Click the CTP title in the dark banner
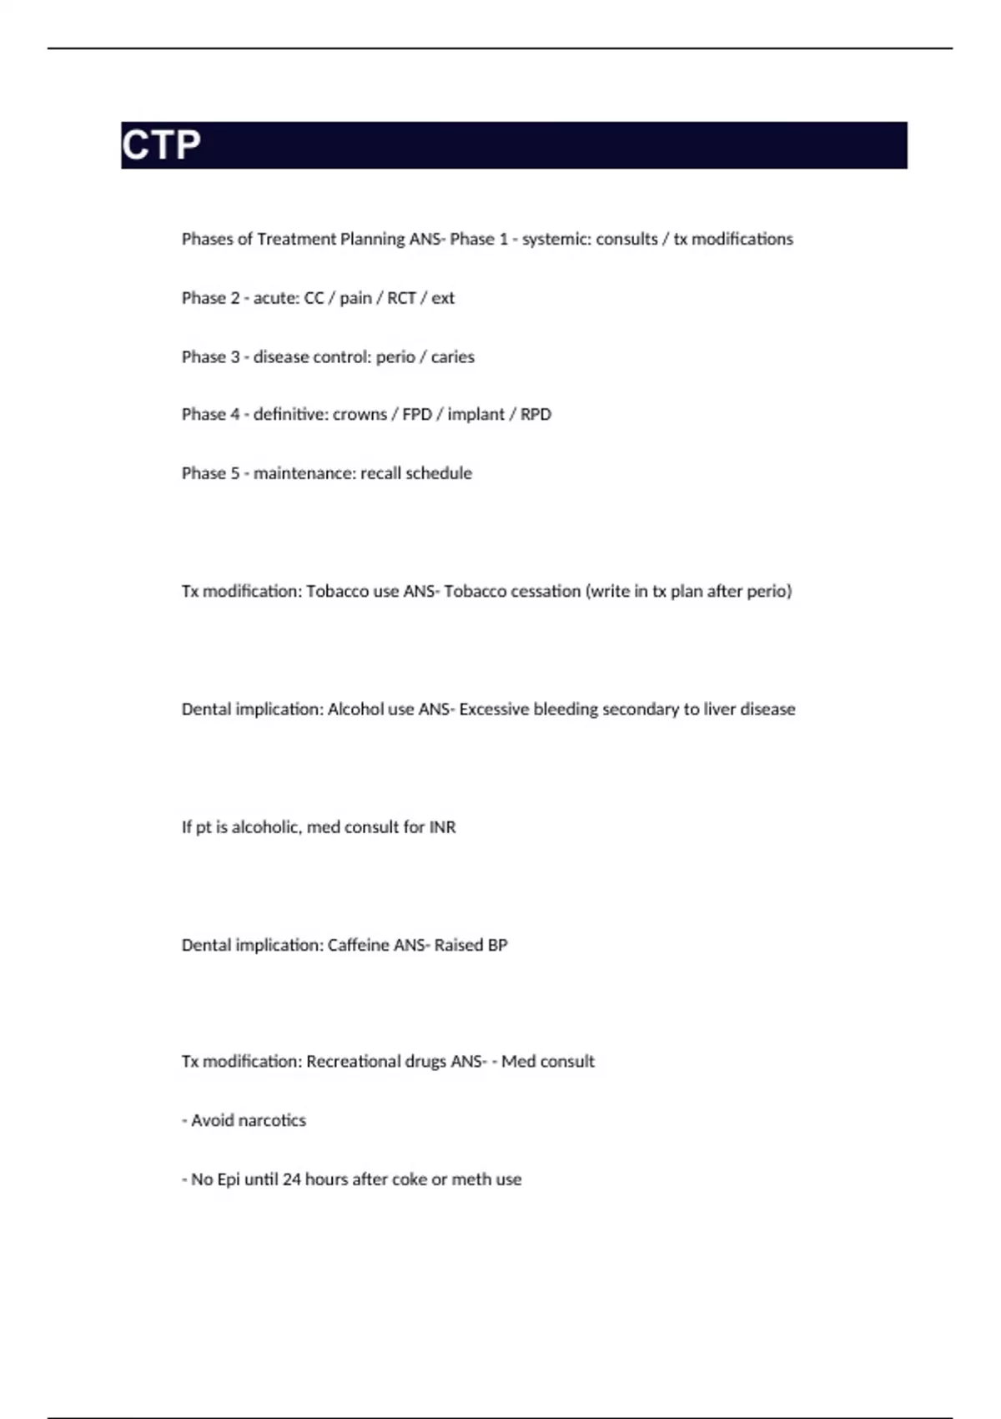pyautogui.click(x=161, y=145)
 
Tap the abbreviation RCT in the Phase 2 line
pyautogui.click(x=401, y=298)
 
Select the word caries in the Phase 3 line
pyautogui.click(x=453, y=357)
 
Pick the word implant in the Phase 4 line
pyautogui.click(x=475, y=415)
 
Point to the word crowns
pyautogui.click(x=360, y=415)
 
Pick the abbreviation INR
pyautogui.click(x=442, y=827)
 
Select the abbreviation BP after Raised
pyautogui.click(x=497, y=945)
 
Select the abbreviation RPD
pyautogui.click(x=536, y=415)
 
